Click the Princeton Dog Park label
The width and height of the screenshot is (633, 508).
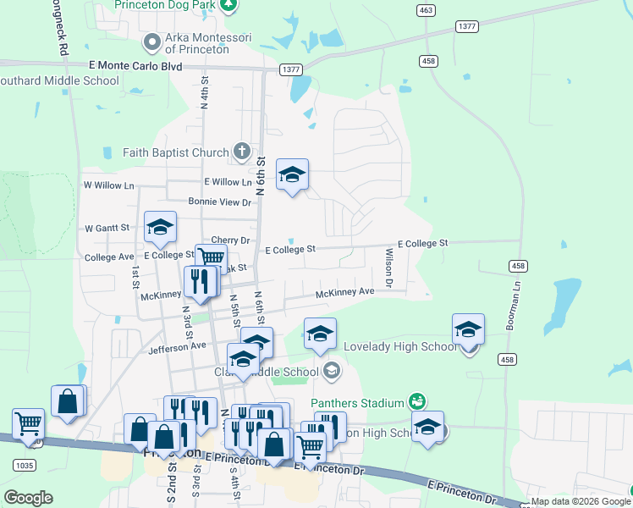tap(166, 4)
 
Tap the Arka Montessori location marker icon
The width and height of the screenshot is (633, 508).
tap(152, 41)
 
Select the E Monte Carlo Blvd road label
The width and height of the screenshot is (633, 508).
tap(135, 65)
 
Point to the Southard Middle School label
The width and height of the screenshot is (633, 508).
tap(59, 81)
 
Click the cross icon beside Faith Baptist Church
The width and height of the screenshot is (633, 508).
tap(242, 152)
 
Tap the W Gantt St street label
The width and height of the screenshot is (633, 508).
tap(107, 228)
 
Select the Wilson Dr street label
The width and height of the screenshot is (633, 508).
tap(389, 268)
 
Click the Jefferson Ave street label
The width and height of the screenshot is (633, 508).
tap(177, 347)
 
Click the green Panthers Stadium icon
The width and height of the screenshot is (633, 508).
tap(416, 400)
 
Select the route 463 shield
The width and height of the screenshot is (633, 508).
tap(426, 9)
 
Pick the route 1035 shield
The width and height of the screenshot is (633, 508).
tap(24, 466)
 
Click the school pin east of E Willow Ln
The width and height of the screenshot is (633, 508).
tap(292, 175)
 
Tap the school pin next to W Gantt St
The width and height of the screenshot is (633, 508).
tap(160, 227)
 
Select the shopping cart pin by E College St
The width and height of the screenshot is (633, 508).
tap(211, 259)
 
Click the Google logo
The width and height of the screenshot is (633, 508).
tap(29, 497)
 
